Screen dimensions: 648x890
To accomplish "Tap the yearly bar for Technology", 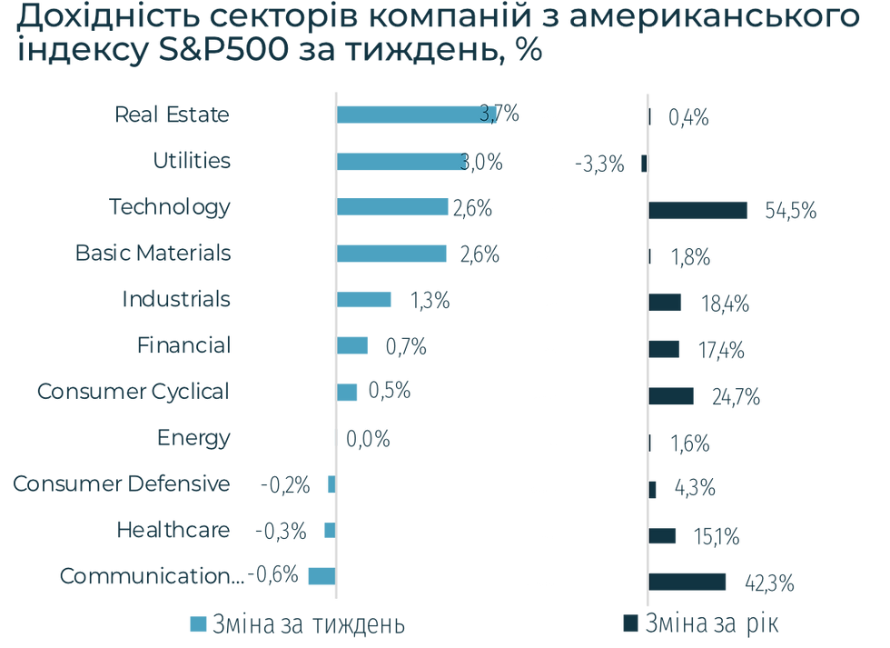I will coord(698,210).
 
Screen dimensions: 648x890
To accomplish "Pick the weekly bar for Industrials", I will coord(365,299).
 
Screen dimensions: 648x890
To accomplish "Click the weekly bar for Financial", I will coord(353,345).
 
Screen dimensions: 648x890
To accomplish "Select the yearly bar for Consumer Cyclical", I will coord(672,396).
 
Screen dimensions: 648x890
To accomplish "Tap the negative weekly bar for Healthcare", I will coord(329,530).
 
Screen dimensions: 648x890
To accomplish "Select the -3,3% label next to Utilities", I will coord(599,164).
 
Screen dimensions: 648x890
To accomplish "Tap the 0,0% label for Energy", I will coord(367,440).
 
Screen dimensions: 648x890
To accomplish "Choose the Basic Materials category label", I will coord(153,253).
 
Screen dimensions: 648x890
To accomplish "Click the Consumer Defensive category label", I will coord(121,484).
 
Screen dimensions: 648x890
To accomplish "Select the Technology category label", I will coord(169,206).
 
